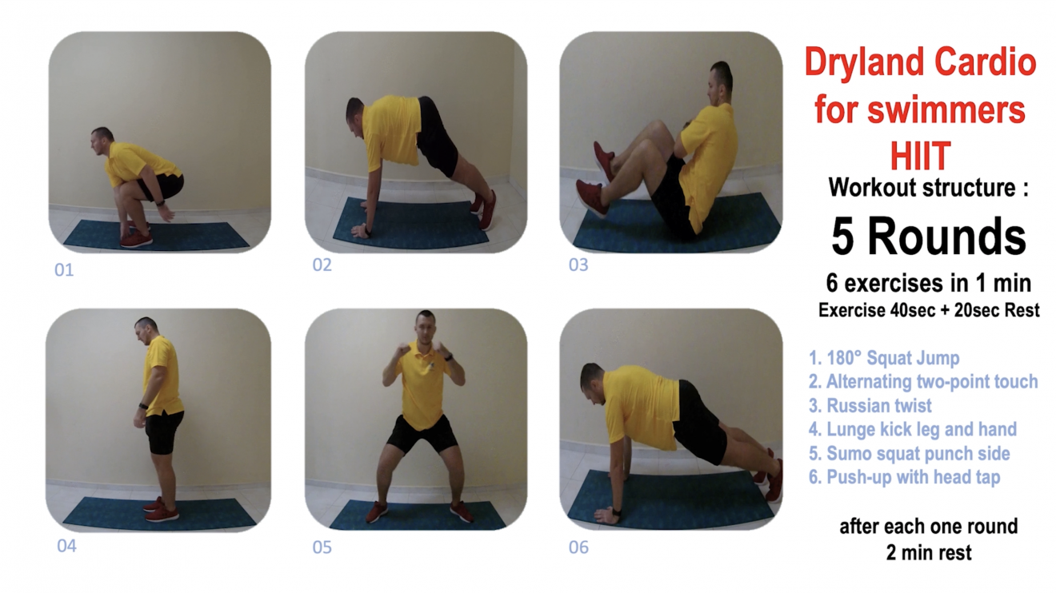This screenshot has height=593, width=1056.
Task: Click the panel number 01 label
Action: coord(64,270)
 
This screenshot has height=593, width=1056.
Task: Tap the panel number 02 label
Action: coord(322,265)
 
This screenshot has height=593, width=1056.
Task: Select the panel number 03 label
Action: coord(578,265)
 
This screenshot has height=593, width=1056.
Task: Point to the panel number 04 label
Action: coord(66,546)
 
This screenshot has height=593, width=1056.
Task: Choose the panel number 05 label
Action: coord(322,547)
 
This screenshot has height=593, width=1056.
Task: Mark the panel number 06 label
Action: coord(578,547)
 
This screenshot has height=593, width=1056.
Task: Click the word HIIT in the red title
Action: coord(920,155)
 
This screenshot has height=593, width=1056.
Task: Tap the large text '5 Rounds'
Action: coord(928,237)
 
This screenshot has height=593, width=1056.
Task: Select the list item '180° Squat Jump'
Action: coord(884,358)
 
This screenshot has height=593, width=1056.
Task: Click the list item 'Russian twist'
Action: coord(870,405)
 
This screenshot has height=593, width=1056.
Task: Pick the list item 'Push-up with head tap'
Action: coord(904,477)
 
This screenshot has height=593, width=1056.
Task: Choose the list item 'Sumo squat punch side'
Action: coord(910,454)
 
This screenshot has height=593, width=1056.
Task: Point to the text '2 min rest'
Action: coord(929,553)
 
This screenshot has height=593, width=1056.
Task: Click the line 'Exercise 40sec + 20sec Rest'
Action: coord(929,310)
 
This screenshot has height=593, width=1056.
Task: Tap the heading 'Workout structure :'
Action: coord(928,188)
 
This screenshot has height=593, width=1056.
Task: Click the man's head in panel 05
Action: coord(426,325)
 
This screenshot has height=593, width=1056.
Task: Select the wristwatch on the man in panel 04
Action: coord(143,406)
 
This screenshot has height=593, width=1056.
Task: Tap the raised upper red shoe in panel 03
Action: coord(604,159)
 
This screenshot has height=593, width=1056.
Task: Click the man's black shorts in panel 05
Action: coord(422,434)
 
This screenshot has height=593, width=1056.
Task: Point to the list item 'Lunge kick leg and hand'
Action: coord(913,429)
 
